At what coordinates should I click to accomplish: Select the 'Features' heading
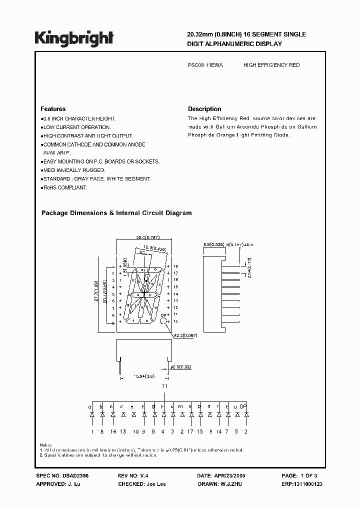[x=52, y=109]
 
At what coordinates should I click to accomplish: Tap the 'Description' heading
[x=204, y=109]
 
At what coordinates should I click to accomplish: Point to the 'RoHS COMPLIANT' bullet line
[x=64, y=187]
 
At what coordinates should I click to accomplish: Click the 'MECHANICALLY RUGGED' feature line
[x=73, y=170]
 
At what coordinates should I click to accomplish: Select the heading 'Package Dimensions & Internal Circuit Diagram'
[x=116, y=213]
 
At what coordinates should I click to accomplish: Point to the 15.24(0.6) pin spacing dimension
[x=144, y=375]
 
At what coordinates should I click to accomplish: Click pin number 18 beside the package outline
[x=175, y=266]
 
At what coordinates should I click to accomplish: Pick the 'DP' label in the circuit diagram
[x=244, y=406]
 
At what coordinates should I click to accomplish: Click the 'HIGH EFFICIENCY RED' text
[x=271, y=65]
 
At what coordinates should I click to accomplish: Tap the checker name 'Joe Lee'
[x=155, y=484]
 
